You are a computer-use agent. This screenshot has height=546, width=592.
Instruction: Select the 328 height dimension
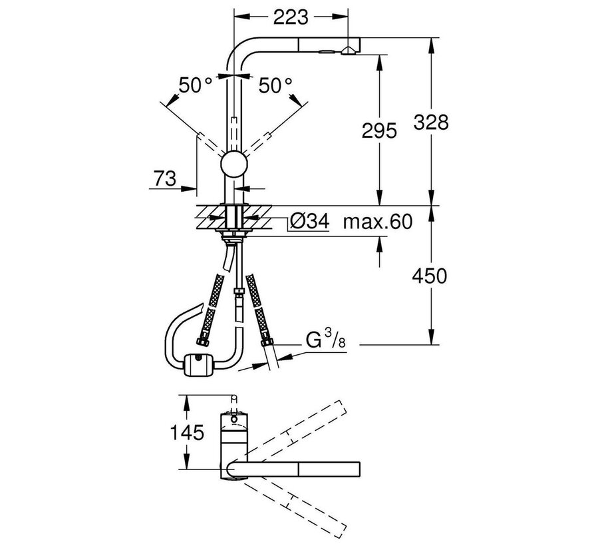[430, 122]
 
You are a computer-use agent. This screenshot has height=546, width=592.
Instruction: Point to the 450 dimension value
[430, 274]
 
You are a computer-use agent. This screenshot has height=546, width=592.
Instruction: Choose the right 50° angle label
[275, 86]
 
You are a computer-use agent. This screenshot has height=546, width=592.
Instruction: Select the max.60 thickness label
[376, 222]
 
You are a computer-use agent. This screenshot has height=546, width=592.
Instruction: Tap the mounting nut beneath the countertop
[233, 234]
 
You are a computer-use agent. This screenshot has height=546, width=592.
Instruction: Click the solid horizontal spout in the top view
[299, 469]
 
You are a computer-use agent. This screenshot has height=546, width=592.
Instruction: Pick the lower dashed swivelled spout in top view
[293, 507]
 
